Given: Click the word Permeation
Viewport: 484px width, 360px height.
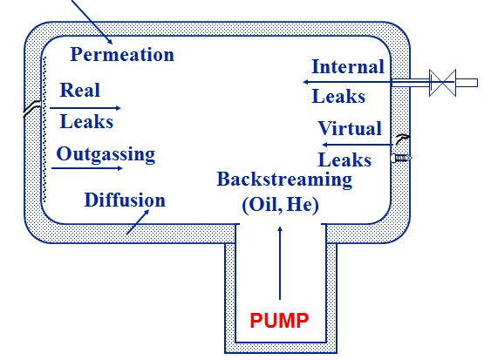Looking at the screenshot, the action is point(122,55).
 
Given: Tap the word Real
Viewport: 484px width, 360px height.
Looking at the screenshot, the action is point(80,90).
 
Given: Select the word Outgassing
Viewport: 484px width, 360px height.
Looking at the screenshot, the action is point(106,154).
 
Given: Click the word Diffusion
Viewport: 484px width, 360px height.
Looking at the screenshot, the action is point(125,200).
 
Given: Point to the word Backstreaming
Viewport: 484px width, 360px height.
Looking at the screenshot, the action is point(284,180).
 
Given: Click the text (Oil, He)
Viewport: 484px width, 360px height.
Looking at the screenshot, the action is point(280,205).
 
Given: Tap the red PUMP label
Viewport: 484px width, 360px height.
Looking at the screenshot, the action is point(279,320).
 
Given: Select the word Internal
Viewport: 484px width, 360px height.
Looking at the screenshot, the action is point(348,66).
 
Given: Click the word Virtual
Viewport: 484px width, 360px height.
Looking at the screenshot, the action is point(350,128).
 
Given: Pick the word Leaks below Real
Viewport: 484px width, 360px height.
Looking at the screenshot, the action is point(86,121).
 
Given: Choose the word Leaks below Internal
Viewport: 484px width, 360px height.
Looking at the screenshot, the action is point(338,96).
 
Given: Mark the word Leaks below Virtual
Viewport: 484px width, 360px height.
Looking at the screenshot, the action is point(344,160).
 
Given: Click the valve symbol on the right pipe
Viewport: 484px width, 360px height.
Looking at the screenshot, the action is point(442,83).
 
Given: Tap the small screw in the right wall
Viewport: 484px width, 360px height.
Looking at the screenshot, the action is point(401,159).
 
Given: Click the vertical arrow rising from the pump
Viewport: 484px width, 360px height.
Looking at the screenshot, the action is point(280,263).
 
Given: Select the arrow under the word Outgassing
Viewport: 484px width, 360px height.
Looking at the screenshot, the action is point(87,168).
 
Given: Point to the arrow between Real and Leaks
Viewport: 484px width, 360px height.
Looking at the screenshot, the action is point(85,108).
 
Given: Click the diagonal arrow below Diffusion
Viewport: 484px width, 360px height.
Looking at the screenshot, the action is point(138,222).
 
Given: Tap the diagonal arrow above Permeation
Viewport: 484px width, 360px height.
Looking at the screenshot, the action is point(92,22).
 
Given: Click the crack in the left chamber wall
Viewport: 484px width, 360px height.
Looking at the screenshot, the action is point(31,108).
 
